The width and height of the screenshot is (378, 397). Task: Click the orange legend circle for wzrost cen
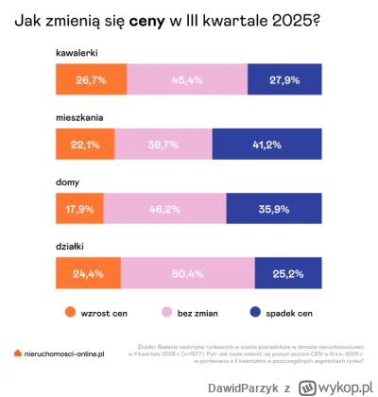(x=69, y=311)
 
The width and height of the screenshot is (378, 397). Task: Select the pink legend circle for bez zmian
(x=166, y=311)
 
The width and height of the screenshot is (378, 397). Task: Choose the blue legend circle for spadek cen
(x=255, y=311)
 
